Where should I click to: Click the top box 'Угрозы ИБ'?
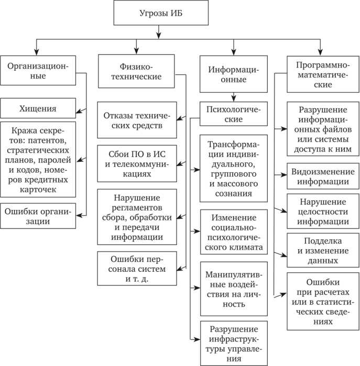coord(158,14)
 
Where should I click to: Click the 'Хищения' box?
coord(38,108)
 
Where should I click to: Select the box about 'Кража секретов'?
coord(38,159)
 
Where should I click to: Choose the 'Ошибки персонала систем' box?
coord(136,269)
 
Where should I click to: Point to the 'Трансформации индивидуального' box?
coord(233,168)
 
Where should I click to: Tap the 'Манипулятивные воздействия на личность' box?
coord(233,288)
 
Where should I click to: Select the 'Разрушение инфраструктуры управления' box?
coord(233,343)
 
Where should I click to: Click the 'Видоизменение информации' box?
coord(322,176)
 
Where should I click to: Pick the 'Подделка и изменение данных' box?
coord(322,250)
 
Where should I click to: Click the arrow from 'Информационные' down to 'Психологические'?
coord(233,95)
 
